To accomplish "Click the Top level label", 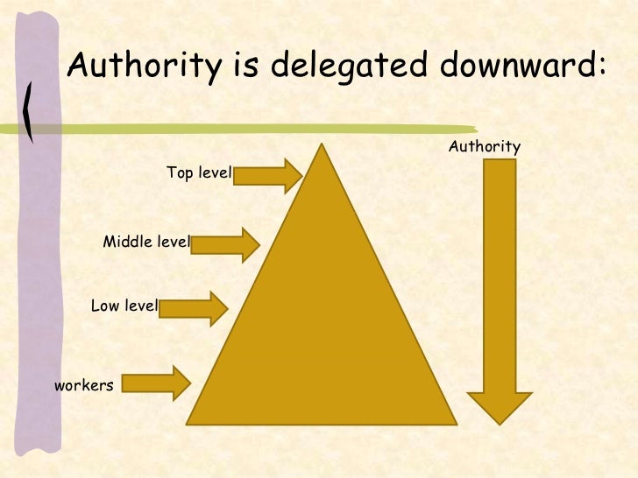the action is [198, 173].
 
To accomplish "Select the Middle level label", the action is [146, 242].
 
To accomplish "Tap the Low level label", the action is [124, 306].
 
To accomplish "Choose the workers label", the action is [84, 384].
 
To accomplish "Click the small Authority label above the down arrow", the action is [485, 146].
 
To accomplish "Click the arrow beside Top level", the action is [268, 176].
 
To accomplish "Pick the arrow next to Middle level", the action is [224, 244].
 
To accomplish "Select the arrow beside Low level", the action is [193, 306].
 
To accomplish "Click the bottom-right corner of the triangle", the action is [456, 421].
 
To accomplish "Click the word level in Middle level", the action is [172, 242].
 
